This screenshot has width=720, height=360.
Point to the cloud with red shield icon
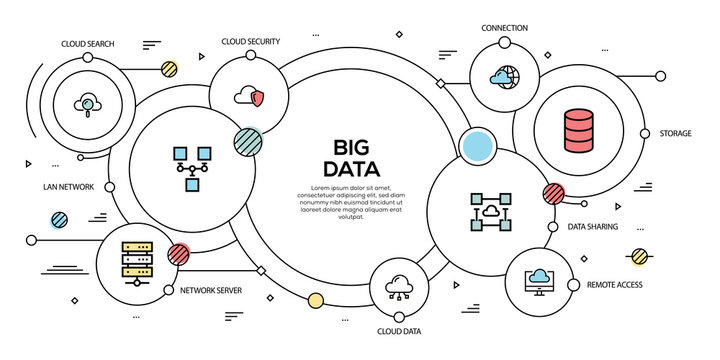coord(249,96)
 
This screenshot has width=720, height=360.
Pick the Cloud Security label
coord(250,41)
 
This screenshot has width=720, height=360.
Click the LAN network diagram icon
coord(190,165)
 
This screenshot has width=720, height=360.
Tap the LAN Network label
coord(69,187)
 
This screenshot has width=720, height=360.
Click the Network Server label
coord(211,290)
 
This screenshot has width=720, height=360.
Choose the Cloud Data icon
coord(399,286)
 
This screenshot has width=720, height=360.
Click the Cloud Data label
coord(398,331)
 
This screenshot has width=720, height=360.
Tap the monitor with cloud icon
coord(539,282)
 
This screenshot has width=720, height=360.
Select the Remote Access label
coord(615,285)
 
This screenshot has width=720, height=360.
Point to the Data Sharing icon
coord(489,211)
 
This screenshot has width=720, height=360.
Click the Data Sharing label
coord(593,227)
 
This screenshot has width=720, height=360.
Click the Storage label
coord(675,133)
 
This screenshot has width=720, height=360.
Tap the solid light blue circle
coord(478,146)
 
